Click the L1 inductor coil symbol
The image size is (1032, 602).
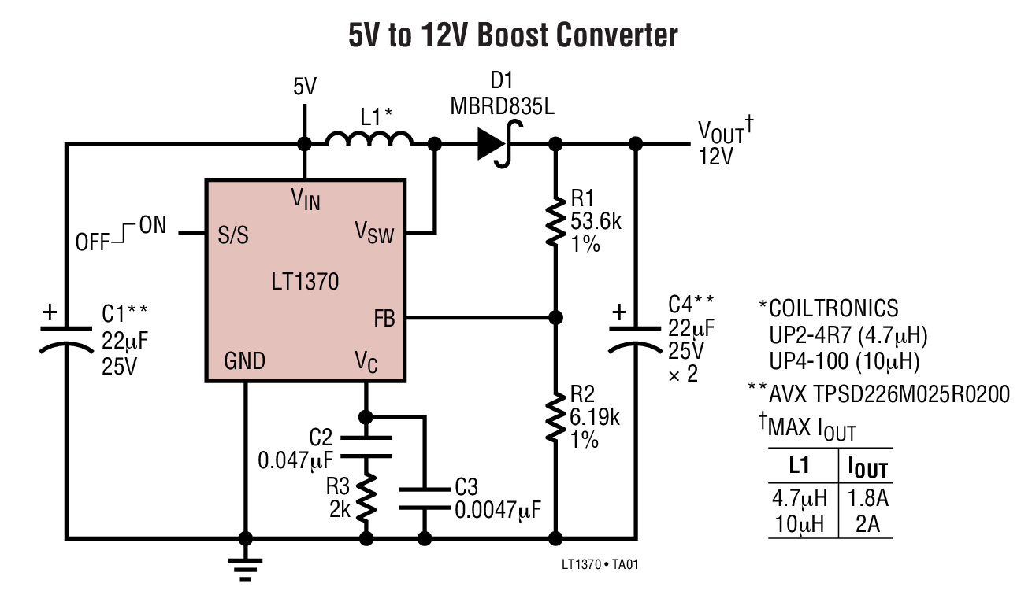tap(369, 139)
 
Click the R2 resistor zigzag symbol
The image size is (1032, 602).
tap(556, 412)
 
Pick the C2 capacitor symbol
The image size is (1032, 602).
tap(366, 446)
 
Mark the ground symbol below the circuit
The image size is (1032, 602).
tap(245, 567)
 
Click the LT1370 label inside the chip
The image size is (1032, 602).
tap(306, 281)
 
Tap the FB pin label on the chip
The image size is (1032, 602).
tap(384, 319)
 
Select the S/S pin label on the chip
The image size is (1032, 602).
tap(233, 235)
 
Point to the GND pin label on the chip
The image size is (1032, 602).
tap(245, 362)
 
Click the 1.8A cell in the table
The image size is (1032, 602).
tap(868, 498)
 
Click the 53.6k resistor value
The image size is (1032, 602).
tap(596, 222)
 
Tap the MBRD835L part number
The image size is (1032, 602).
tap(503, 105)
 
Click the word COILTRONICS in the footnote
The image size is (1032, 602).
tap(833, 308)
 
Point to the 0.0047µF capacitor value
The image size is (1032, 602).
tap(498, 509)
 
